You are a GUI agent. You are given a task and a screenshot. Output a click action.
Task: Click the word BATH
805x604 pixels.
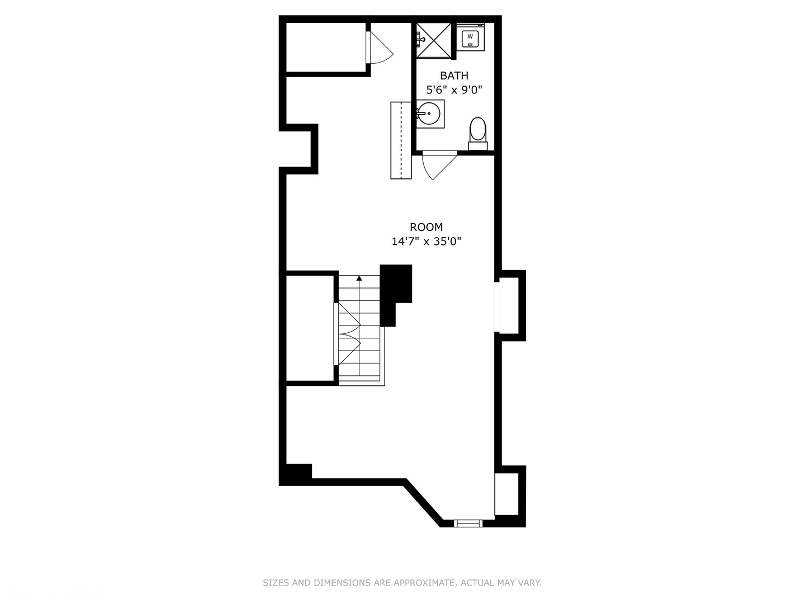pos(454,75)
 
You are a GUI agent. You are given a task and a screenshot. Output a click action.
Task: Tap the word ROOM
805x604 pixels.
pos(426,227)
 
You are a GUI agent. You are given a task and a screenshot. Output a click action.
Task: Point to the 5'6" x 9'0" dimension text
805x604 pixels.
pos(454,89)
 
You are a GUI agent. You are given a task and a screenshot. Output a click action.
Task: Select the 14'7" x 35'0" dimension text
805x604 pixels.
pos(426,242)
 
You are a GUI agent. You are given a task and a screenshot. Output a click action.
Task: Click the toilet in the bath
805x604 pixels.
pos(478,133)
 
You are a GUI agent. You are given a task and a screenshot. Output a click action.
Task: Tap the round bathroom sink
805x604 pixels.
pos(429,114)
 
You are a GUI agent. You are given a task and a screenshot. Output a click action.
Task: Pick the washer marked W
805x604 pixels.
pos(470,38)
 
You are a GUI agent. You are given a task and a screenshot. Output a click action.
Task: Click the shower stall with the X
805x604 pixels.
pos(434,40)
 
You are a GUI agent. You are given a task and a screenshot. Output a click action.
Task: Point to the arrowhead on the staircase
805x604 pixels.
pos(359,277)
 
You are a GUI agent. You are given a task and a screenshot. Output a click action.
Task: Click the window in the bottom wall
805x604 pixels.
pos(468,523)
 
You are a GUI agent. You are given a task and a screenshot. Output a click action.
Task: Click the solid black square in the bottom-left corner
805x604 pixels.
pos(296,473)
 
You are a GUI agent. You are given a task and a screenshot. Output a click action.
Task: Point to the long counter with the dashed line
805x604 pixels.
pos(401,140)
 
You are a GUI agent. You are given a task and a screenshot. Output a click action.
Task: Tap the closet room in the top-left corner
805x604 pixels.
pos(325,47)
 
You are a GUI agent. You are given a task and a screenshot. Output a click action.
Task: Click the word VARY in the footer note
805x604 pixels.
pos(529,583)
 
